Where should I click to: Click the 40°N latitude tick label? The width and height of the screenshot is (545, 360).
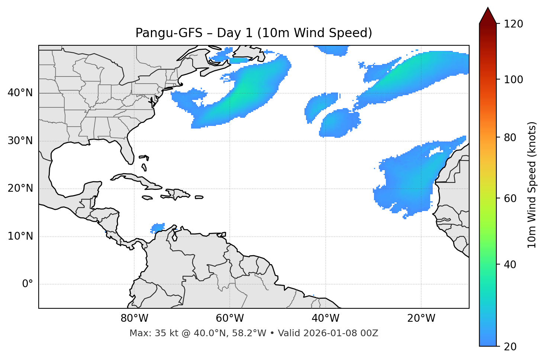pyautogui.click(x=20, y=93)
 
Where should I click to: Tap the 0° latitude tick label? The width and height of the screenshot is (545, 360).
pyautogui.click(x=28, y=284)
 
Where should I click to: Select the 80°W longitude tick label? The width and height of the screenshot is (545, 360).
pyautogui.click(x=134, y=318)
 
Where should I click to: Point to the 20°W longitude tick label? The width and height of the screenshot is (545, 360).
pyautogui.click(x=421, y=318)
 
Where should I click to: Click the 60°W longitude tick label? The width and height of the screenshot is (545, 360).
pyautogui.click(x=230, y=318)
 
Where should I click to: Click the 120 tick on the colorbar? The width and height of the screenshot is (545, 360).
pyautogui.click(x=513, y=24)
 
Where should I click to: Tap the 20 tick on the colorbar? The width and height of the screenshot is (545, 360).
pyautogui.click(x=510, y=347)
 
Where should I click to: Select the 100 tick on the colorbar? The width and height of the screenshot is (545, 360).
pyautogui.click(x=513, y=80)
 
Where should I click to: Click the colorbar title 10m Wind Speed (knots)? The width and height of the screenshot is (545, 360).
pyautogui.click(x=532, y=185)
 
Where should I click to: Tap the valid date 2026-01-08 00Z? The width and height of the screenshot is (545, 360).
pyautogui.click(x=341, y=333)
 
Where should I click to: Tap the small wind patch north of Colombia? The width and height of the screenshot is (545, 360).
pyautogui.click(x=159, y=227)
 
